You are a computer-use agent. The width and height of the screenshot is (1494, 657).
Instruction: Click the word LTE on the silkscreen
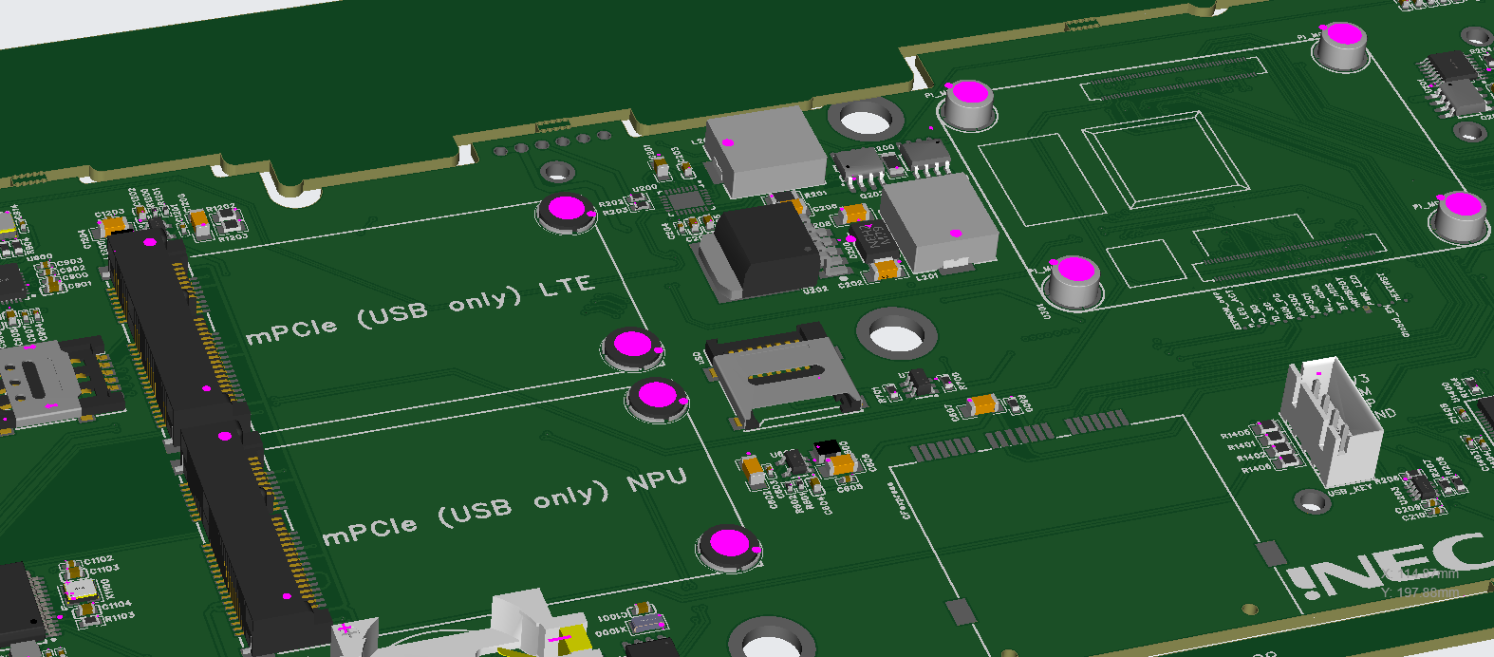(567, 286)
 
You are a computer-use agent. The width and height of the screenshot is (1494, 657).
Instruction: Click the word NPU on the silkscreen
(657, 480)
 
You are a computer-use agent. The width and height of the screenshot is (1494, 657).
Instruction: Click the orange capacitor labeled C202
(887, 270)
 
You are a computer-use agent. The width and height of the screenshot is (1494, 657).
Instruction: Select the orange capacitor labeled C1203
(113, 225)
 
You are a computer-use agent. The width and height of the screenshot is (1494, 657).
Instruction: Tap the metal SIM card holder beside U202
(781, 376)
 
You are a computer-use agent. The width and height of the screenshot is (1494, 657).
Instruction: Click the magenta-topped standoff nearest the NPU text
(729, 546)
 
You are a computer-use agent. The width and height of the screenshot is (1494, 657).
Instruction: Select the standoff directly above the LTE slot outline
(566, 210)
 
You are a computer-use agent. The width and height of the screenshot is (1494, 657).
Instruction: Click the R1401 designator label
(1241, 445)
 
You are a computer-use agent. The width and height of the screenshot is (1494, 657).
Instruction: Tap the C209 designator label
(1407, 508)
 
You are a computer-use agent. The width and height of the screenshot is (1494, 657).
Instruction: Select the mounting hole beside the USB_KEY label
(1312, 499)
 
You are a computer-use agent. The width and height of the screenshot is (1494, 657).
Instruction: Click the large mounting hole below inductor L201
(895, 336)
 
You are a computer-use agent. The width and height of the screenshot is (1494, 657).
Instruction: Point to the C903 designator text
(69, 262)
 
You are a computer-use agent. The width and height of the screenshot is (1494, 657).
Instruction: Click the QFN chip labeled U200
(685, 200)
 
